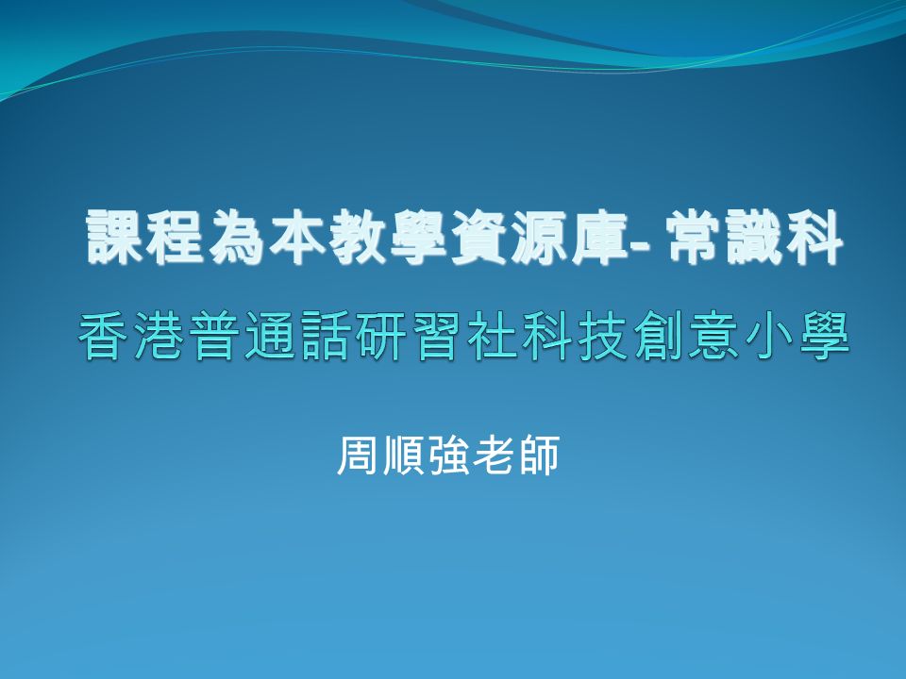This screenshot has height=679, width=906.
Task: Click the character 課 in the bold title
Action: (115, 237)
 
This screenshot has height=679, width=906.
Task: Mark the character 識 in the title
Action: (755, 237)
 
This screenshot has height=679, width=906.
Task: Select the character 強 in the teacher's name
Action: (447, 455)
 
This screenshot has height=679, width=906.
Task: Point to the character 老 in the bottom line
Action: (493, 455)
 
